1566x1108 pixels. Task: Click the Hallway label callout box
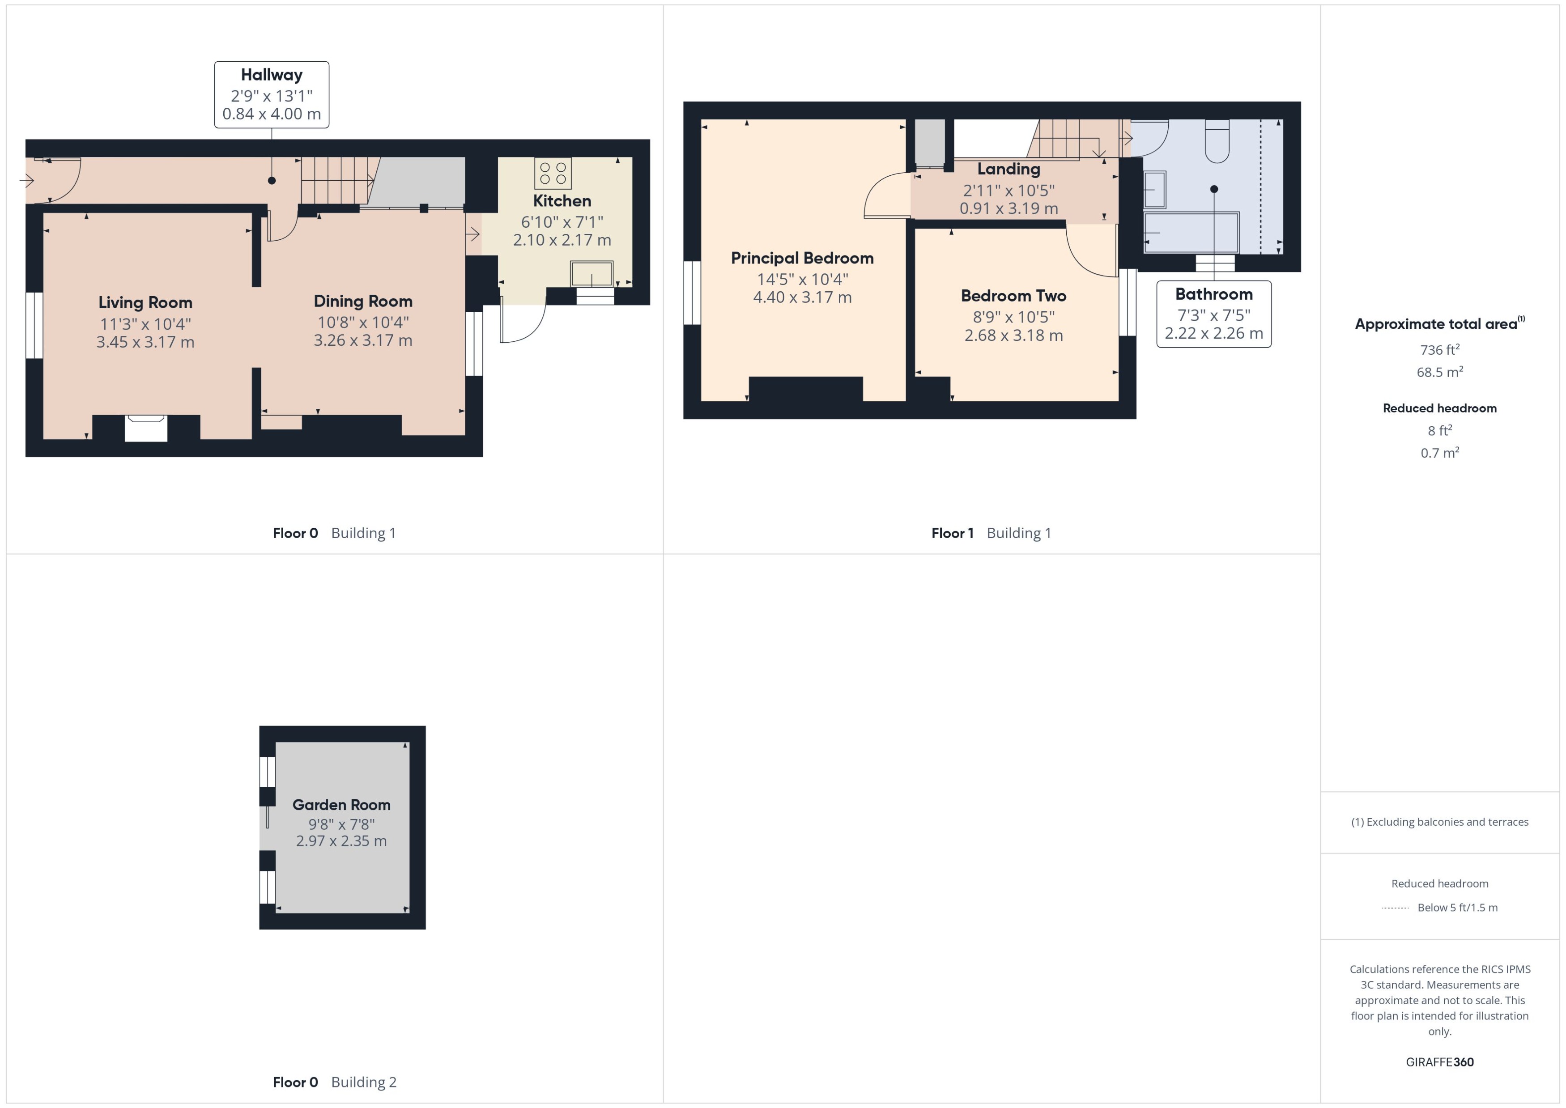[272, 94]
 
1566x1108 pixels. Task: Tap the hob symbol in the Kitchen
[553, 173]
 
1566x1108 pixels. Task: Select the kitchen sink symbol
[592, 274]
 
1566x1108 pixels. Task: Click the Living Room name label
[145, 302]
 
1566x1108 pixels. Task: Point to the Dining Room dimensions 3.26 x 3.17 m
[362, 340]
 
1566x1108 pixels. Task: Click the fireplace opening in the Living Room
[146, 429]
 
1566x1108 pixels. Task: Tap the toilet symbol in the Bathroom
[1217, 141]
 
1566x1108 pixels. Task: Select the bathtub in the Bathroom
[1191, 233]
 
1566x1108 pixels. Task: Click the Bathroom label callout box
[1213, 314]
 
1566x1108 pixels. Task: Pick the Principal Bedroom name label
[802, 258]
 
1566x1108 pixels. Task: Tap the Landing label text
[1009, 169]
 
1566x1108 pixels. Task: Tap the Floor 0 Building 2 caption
[334, 1082]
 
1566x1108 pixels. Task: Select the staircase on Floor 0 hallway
[336, 180]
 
